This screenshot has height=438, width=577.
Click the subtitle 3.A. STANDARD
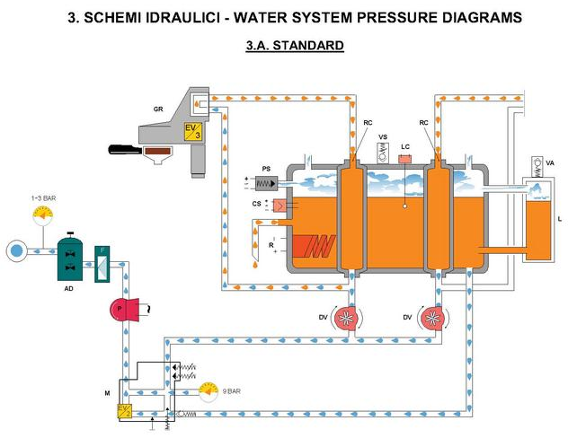click(295, 44)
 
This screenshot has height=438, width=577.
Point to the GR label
click(158, 109)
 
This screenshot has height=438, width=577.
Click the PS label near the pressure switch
click(266, 168)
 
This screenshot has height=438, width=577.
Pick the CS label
click(257, 206)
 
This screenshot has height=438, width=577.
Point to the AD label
click(68, 290)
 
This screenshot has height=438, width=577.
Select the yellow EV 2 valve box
click(124, 412)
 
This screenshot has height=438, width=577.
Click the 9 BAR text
click(232, 391)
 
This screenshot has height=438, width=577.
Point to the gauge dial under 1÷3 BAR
click(42, 216)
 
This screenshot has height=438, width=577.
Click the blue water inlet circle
click(15, 250)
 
